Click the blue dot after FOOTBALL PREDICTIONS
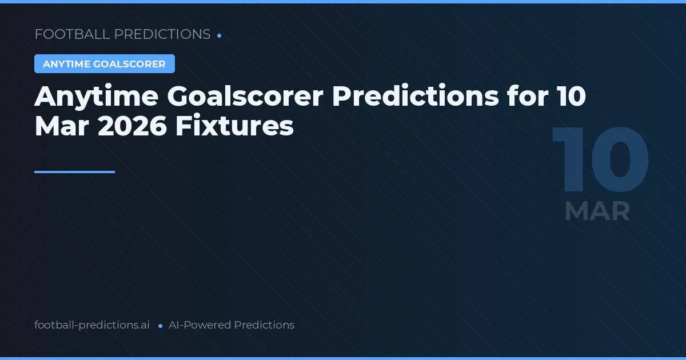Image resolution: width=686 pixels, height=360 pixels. (x=220, y=35)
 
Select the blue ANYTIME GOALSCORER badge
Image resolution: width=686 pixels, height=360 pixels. (x=104, y=64)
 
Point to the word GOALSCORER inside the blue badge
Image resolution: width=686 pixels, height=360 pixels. (x=137, y=64)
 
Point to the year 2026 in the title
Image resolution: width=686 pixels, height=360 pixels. (x=132, y=126)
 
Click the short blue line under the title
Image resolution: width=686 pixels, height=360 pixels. (x=74, y=171)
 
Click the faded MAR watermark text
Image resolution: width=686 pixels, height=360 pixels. (x=597, y=211)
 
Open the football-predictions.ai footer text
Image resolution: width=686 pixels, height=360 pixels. (x=92, y=325)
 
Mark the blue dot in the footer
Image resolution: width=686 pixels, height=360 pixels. (x=160, y=326)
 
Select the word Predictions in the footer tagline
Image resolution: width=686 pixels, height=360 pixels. (x=264, y=325)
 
